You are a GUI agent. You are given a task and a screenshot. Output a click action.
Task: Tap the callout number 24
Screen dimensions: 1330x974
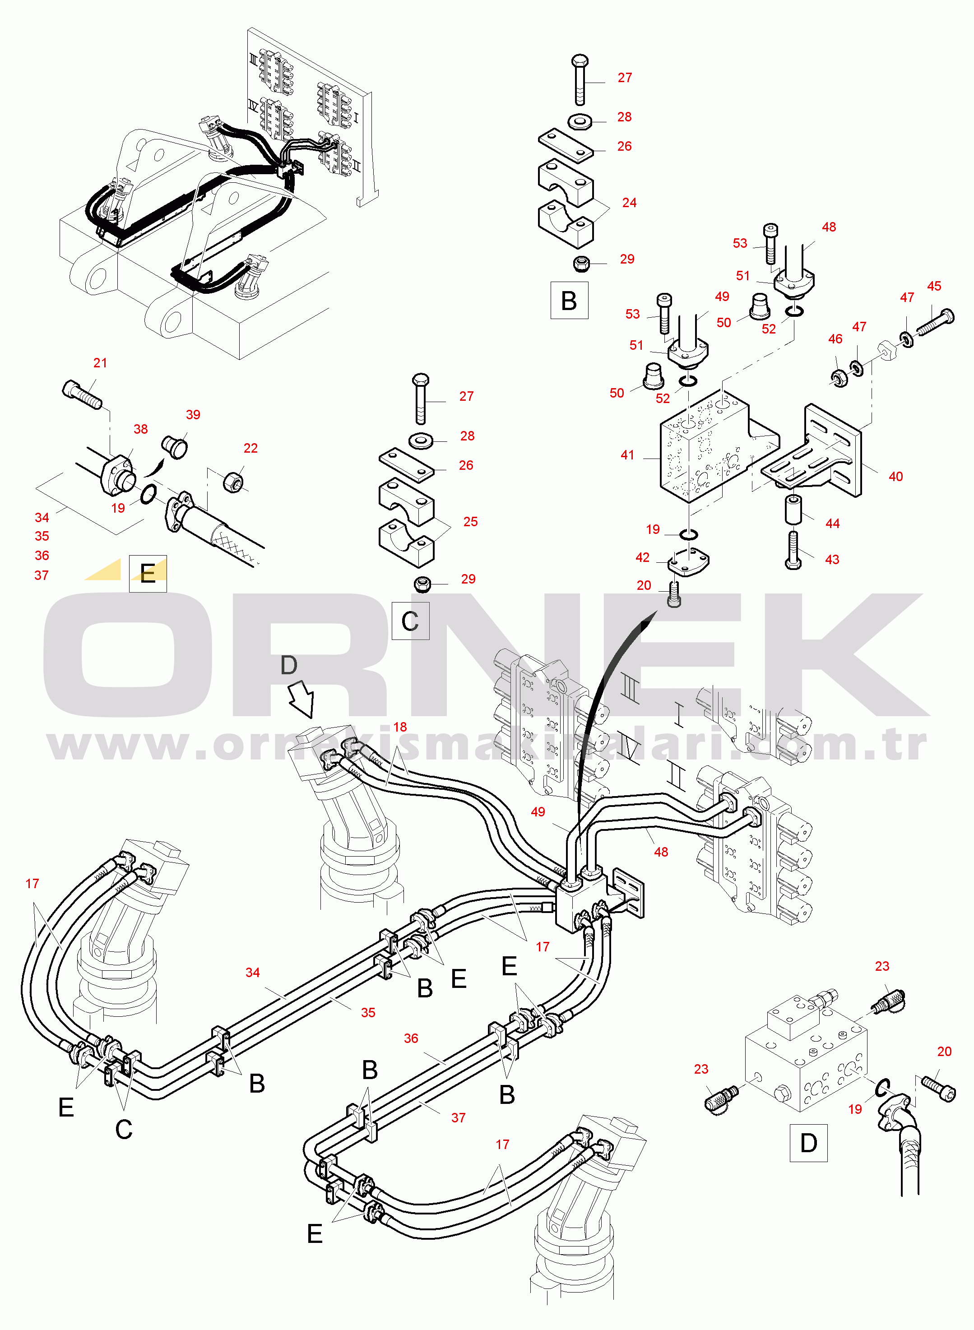[629, 203]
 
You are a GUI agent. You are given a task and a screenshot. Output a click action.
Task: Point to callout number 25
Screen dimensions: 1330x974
[470, 522]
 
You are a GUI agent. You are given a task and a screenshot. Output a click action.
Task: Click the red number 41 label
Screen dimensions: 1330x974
[627, 455]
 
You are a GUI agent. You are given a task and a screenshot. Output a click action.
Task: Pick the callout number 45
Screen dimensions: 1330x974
[934, 287]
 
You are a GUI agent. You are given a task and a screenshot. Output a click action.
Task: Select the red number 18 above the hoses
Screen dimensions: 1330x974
[400, 728]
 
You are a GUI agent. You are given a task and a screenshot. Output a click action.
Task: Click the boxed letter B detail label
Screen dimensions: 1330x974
[569, 301]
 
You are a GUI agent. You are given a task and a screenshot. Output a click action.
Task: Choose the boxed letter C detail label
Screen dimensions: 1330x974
[410, 621]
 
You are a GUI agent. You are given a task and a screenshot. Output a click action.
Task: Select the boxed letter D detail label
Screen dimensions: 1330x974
[808, 1143]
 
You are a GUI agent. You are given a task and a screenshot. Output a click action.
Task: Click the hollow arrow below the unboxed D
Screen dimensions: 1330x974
[302, 699]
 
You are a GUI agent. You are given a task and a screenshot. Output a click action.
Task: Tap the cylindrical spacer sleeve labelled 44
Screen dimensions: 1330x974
[793, 510]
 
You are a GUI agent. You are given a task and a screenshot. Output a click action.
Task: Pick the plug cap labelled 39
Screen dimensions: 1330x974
[175, 446]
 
